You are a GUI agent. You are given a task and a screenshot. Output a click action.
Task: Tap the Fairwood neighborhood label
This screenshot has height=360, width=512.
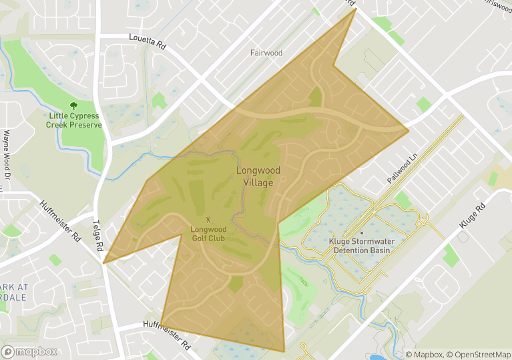266,53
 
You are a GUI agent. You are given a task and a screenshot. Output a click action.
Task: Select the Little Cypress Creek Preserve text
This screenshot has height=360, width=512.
75,120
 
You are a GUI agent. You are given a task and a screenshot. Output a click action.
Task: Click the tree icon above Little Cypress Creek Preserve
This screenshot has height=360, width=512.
74,106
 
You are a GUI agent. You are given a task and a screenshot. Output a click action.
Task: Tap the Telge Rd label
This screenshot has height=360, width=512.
98,236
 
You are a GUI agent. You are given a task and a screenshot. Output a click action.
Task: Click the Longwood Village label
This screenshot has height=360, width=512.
258,176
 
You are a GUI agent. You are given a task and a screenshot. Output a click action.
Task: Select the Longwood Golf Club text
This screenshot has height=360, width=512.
208,233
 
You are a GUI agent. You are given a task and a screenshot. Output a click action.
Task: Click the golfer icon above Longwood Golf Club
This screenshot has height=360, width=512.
208,219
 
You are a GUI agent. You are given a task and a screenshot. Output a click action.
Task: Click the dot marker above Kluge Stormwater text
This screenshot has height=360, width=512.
361,233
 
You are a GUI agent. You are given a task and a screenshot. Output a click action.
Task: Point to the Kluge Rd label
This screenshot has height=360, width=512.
473,218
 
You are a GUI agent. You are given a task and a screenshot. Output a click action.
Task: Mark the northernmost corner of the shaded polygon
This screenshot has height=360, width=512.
356,9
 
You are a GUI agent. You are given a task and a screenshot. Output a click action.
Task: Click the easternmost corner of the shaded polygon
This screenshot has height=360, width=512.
409,129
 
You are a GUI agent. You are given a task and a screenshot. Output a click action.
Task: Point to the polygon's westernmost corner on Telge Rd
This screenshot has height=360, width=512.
103,263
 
